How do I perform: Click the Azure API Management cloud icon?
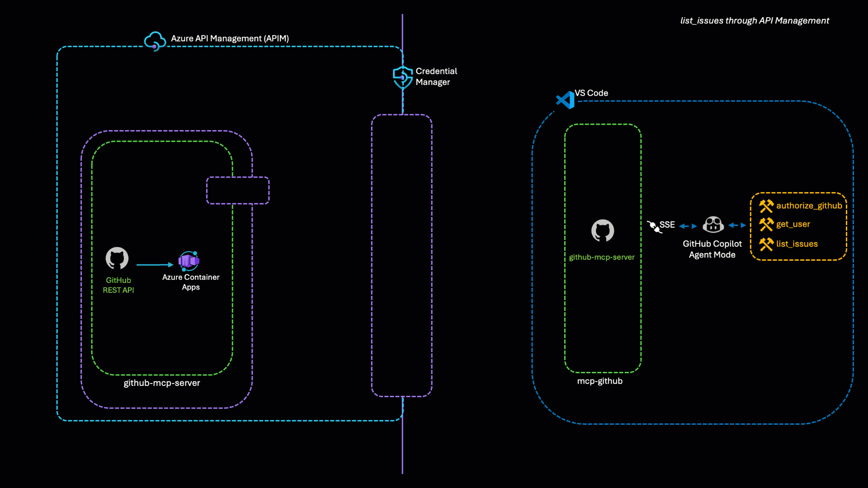tap(155, 41)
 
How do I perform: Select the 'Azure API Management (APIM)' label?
tap(230, 38)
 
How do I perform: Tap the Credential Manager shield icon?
tap(402, 77)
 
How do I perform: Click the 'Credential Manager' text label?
tap(436, 77)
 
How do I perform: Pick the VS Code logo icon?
tap(565, 100)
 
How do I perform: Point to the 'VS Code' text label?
tap(591, 93)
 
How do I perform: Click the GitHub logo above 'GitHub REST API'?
tap(117, 258)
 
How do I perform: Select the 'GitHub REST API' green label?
tap(118, 285)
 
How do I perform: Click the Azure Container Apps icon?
tap(189, 261)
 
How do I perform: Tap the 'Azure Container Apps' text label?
tap(191, 282)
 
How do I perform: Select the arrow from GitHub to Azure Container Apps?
tap(155, 265)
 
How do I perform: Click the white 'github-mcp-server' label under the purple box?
tap(162, 383)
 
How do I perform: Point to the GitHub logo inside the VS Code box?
tap(603, 231)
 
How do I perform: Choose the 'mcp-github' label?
tap(600, 381)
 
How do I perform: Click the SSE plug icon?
tap(654, 226)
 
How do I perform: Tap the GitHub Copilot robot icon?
tap(713, 225)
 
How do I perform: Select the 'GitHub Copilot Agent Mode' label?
tap(712, 249)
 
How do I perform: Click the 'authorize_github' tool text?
tap(809, 206)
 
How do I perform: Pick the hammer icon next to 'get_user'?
tap(766, 225)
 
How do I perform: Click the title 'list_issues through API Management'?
tap(755, 21)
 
